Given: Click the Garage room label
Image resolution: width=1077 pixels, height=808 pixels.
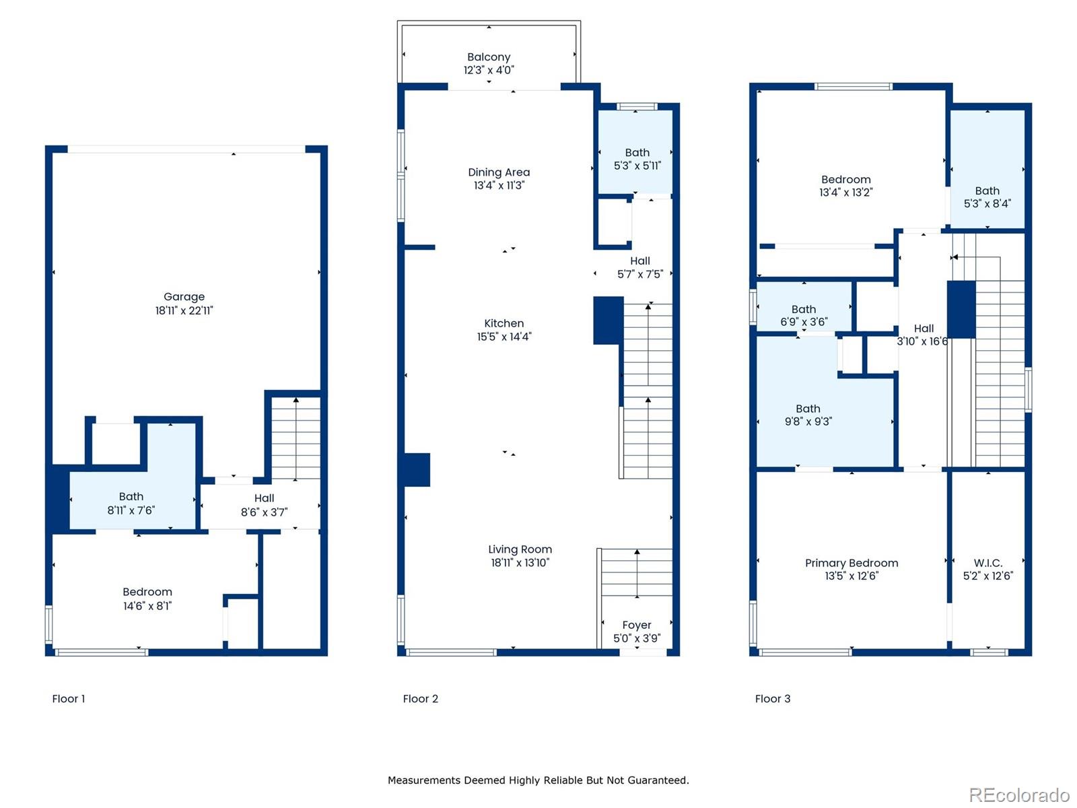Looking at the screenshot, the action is tap(184, 297).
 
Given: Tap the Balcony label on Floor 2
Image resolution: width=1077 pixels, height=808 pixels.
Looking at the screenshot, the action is tap(489, 57).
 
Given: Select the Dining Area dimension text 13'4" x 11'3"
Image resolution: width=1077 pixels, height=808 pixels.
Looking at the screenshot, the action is tap(499, 185).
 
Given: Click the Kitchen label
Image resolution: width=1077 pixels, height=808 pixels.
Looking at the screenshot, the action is tap(504, 323).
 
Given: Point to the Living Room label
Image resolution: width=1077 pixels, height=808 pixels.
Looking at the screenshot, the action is tap(520, 549).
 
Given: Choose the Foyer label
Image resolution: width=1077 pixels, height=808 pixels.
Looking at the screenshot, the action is tap(637, 625).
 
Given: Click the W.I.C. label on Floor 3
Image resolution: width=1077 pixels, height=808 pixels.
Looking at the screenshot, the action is tap(988, 563).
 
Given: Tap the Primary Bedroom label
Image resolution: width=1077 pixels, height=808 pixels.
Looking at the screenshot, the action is tap(852, 563).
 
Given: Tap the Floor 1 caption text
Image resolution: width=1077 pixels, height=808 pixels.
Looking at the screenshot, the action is tap(69, 699).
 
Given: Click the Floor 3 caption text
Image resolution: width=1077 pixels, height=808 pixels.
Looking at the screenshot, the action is tap(773, 699).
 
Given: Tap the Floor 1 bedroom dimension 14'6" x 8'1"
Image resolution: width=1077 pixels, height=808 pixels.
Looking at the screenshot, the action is tap(147, 606).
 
